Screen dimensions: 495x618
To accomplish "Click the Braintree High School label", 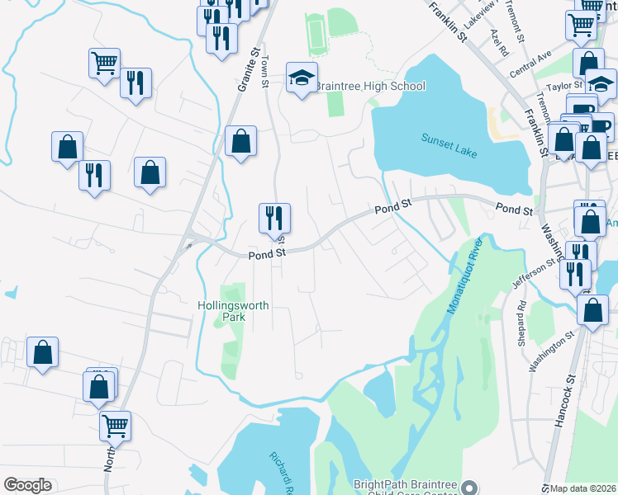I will tap(369, 86).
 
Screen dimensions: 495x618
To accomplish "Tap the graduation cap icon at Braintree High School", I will tap(302, 78).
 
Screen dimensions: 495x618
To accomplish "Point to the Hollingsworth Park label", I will tap(233, 311).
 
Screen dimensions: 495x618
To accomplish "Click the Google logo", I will tap(27, 485).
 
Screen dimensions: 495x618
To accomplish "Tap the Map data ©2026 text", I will tap(582, 488).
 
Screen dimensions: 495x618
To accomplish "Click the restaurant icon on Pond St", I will tap(274, 218).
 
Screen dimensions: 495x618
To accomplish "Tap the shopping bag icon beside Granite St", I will tap(240, 141).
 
